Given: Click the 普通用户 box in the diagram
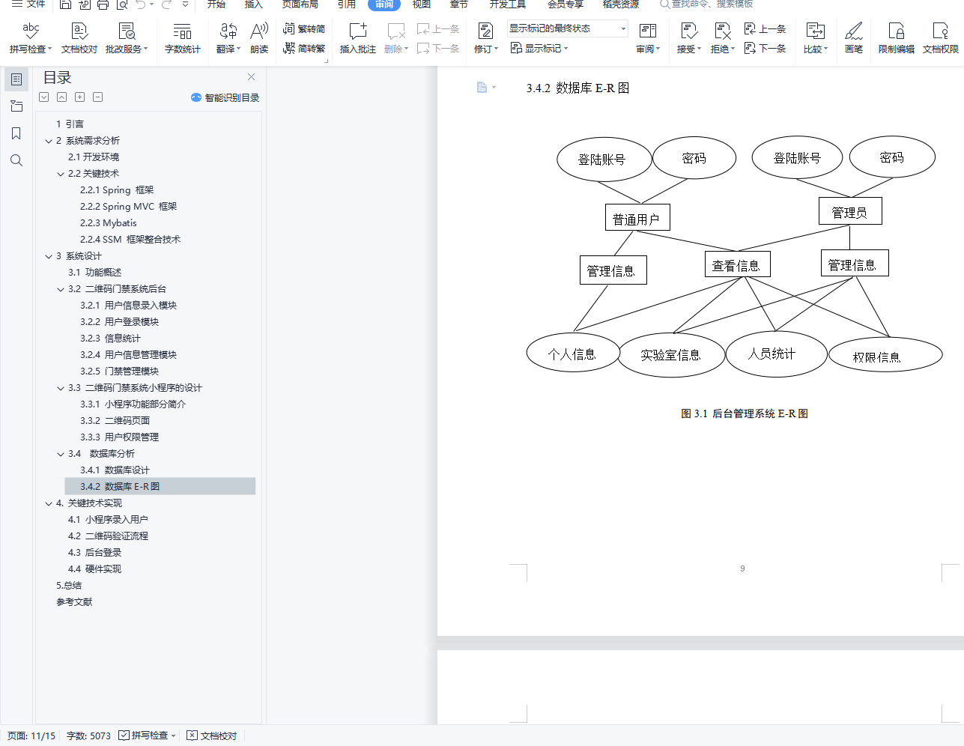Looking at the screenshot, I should tap(637, 218).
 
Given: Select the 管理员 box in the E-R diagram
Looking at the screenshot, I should tap(849, 212).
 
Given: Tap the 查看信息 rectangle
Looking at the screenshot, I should tap(737, 264).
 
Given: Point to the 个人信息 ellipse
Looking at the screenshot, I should tap(573, 354).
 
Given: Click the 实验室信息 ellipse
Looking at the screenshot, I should tap(671, 354).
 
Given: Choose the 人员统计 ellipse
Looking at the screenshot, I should tap(775, 354).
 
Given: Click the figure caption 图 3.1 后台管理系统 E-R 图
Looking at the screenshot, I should tap(744, 413).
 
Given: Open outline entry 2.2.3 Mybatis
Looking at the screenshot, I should tap(109, 223).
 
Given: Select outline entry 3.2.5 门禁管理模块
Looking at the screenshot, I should tap(120, 372).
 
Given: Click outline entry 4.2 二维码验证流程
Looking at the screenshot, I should tap(108, 536).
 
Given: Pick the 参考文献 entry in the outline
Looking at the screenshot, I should tap(74, 602).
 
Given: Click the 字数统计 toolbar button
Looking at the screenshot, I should tap(182, 38).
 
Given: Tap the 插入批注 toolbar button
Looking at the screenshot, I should tap(358, 38).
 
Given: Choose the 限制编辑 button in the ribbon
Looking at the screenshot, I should tap(896, 38).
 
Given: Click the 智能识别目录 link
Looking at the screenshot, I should tap(226, 98).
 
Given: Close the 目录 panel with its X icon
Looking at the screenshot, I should tap(252, 77).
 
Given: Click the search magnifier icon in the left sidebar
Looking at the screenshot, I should tap(16, 160).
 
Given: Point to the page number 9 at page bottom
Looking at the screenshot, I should tap(742, 568).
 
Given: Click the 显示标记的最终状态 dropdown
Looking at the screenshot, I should tap(567, 28).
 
